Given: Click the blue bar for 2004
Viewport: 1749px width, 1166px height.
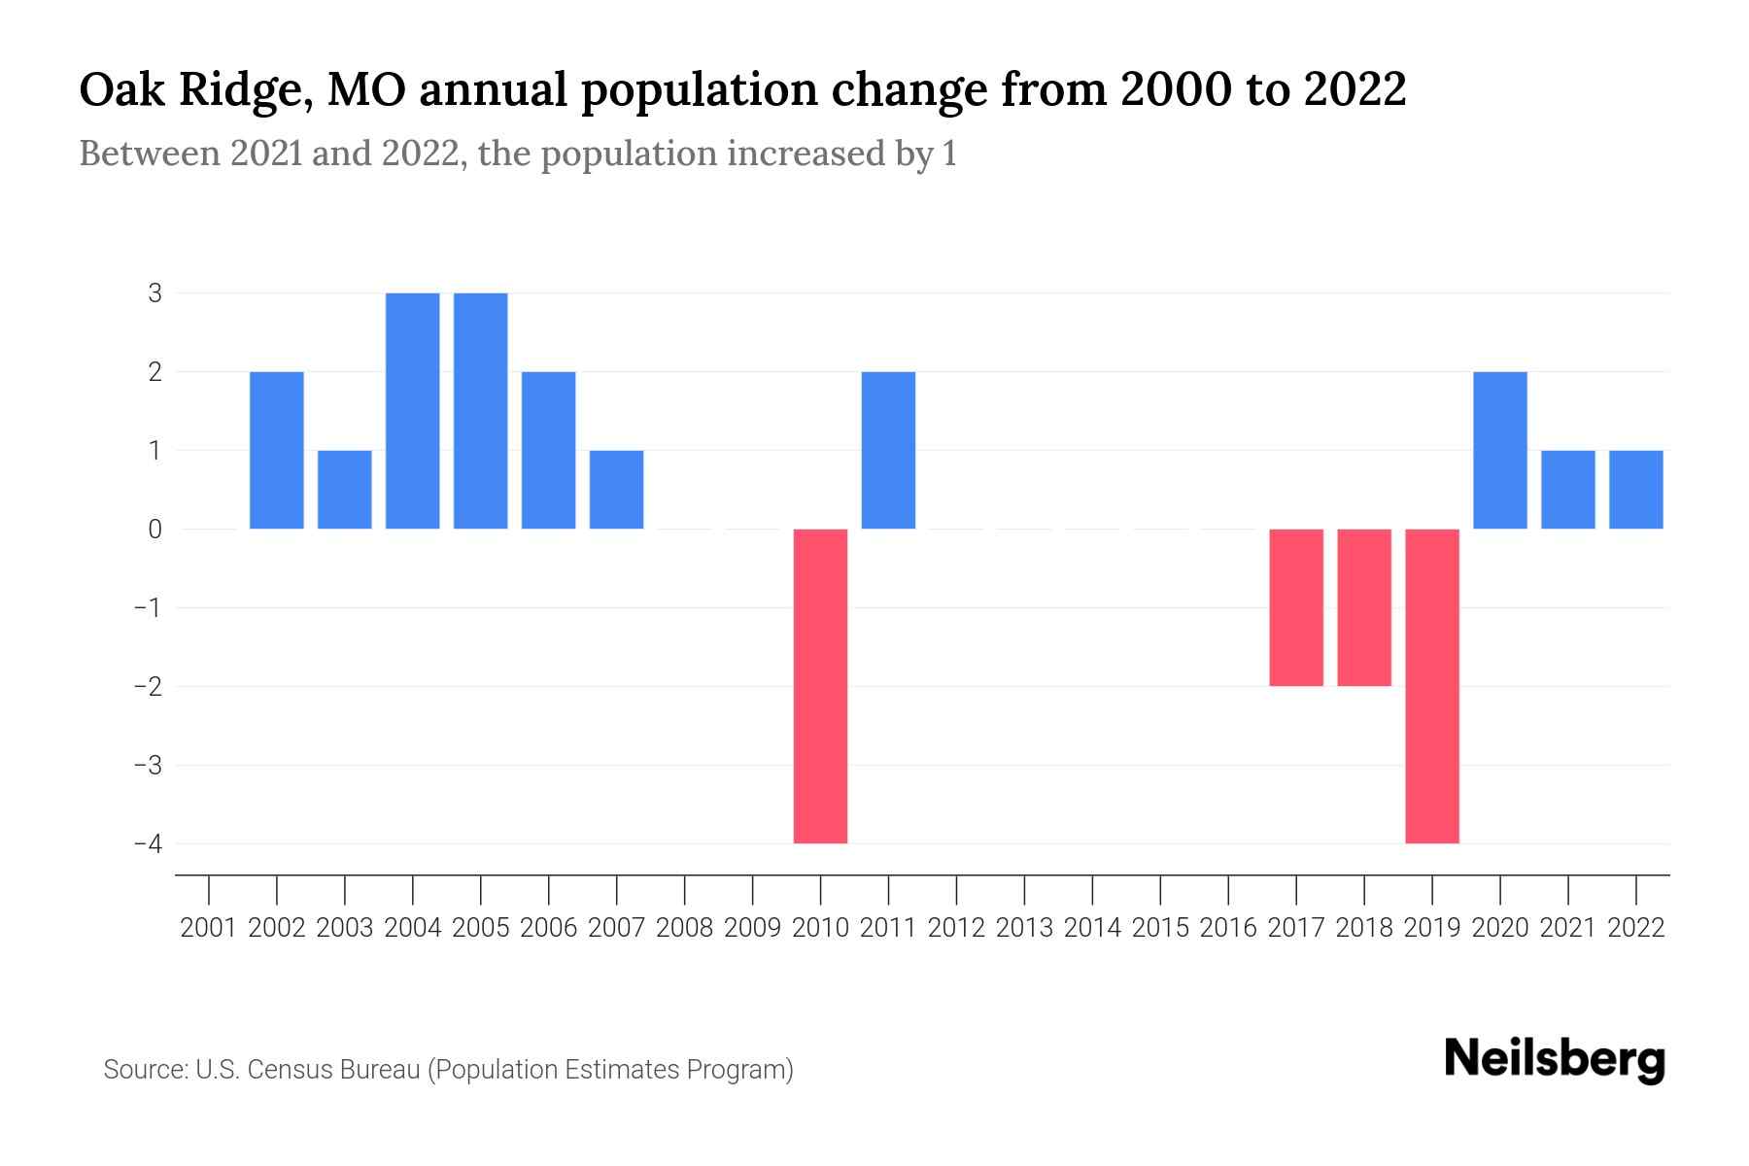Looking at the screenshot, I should coord(413,411).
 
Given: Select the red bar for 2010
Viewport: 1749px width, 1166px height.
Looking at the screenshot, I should coord(821,686).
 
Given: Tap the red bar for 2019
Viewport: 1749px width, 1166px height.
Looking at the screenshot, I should coord(1432,686).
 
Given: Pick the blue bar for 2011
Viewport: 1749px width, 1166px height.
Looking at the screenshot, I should coord(889,450).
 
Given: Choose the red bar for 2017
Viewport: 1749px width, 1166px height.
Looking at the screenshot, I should coord(1296,607).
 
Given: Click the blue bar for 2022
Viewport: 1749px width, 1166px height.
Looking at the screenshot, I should coord(1636,490).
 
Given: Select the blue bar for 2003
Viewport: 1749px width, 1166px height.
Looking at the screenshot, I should coord(345,490).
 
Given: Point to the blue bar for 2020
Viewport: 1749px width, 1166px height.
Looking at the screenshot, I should coord(1500,450).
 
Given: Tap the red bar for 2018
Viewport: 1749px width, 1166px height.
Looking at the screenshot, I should coord(1364,607).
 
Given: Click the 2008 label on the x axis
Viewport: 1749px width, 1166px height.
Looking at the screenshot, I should coord(685,928).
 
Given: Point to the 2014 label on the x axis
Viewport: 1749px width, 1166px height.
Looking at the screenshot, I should coord(1092,928).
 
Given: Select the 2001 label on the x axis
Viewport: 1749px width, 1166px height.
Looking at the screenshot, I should coord(209,928).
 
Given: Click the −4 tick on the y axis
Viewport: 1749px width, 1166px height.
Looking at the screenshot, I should coord(148,843).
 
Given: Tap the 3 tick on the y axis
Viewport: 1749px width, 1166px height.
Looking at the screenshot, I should coord(155,292).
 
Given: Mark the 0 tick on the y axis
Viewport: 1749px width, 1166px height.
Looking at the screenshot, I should coord(155,529).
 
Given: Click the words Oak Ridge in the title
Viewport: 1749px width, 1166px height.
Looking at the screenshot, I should coord(189,91).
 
